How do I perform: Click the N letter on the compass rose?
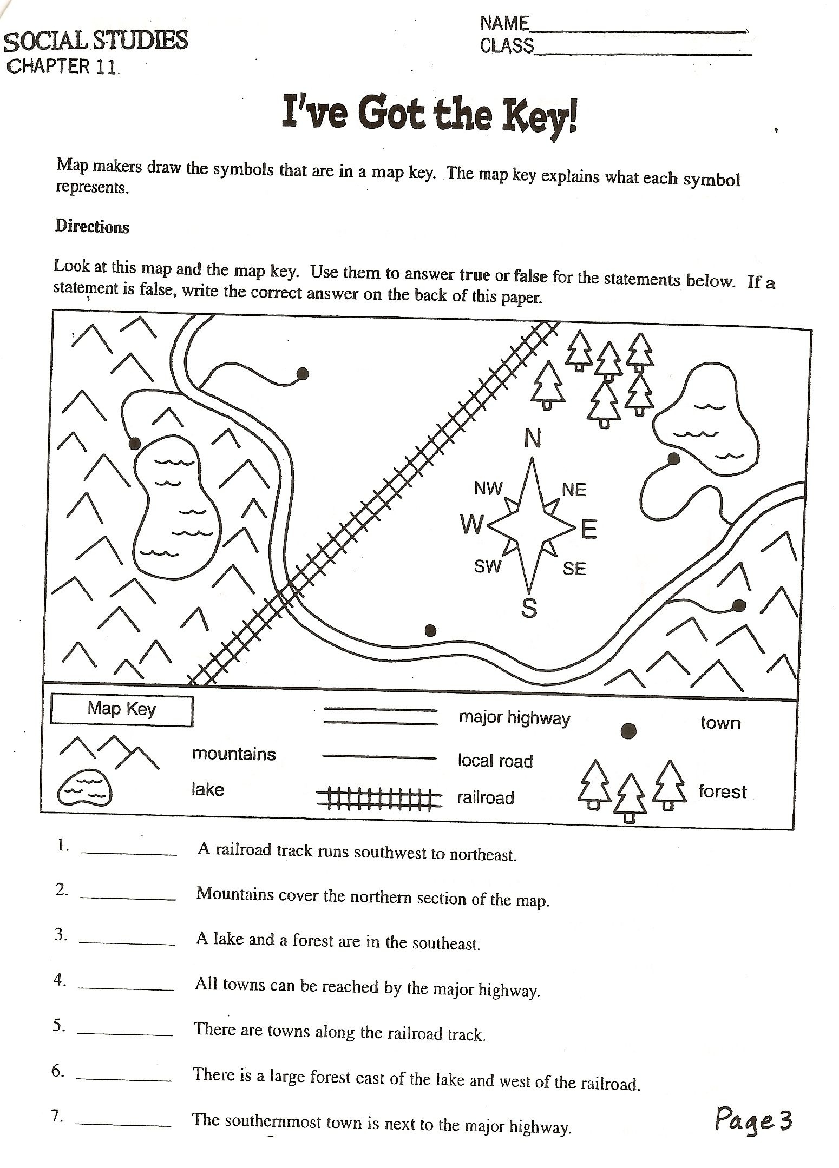[x=533, y=439]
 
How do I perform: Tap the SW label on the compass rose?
[x=488, y=566]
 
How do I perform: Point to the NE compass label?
[x=574, y=490]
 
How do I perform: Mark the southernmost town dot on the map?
[x=430, y=630]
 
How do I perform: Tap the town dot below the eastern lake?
[x=674, y=459]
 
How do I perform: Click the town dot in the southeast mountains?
[x=739, y=605]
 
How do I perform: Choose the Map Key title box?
[x=122, y=710]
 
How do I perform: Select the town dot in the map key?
[x=628, y=731]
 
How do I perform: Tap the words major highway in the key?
[x=514, y=719]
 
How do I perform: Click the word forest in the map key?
[x=722, y=792]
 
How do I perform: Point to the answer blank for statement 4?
[x=126, y=988]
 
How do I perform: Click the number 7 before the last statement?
[x=57, y=1116]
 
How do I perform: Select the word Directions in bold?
[x=92, y=227]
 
